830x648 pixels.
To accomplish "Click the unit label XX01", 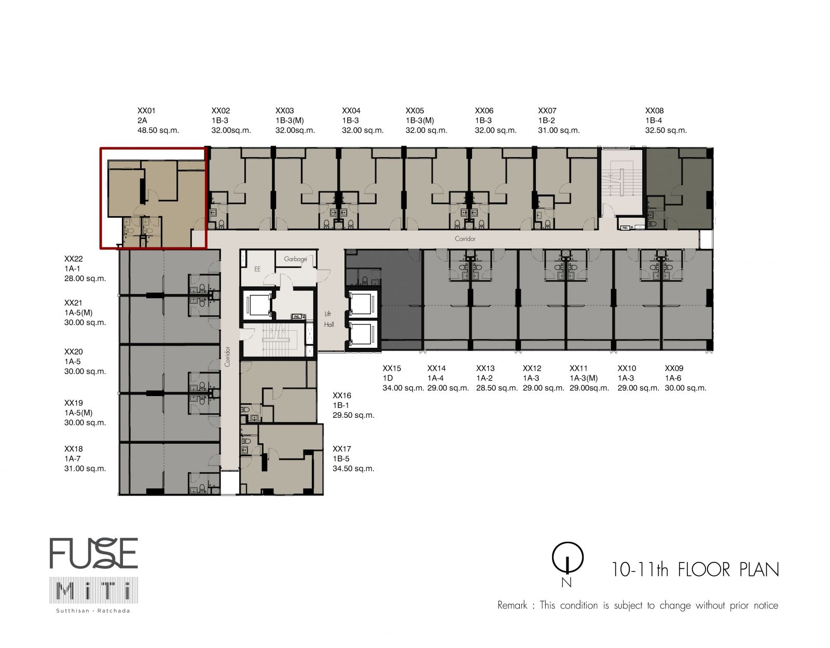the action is click(146, 110).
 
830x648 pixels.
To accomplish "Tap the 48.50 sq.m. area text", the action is click(158, 130).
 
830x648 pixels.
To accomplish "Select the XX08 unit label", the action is click(654, 110).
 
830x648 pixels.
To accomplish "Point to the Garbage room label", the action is click(295, 259).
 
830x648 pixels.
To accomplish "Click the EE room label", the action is click(257, 269).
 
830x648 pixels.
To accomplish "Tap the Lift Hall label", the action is click(329, 319).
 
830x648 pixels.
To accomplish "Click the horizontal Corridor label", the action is click(465, 239).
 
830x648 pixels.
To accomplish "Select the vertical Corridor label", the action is click(227, 357).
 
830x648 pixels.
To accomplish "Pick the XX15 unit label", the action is click(392, 368).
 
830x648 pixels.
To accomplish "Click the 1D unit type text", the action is click(388, 378).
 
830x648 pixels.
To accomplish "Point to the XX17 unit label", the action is click(341, 449).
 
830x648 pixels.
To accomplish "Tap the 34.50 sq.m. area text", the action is click(353, 469).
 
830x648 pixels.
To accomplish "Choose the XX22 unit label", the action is click(73, 259).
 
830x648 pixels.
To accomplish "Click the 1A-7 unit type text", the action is click(72, 459).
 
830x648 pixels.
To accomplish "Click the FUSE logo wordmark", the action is click(93, 553).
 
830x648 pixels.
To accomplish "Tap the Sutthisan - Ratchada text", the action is click(93, 611).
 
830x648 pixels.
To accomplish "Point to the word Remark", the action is click(512, 605).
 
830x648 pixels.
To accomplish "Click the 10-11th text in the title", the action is click(640, 570).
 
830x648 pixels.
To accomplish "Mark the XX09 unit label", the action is click(674, 368).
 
